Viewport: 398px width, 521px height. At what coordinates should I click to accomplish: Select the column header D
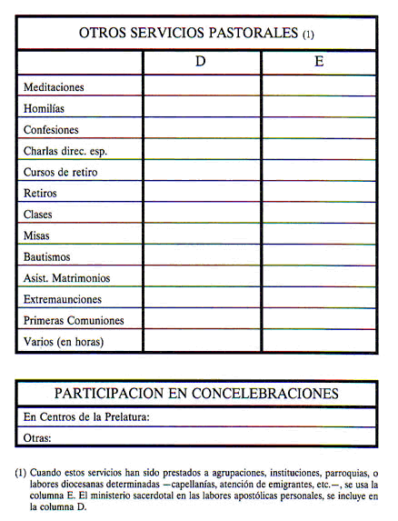click(x=201, y=63)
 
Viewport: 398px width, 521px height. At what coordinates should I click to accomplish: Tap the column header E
click(x=319, y=63)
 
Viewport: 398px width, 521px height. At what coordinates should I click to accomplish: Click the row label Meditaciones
click(x=54, y=87)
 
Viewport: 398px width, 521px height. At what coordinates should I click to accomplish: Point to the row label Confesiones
click(x=51, y=130)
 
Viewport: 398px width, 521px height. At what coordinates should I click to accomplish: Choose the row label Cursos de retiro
click(x=61, y=172)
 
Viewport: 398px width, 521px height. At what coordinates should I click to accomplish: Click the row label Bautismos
click(x=49, y=257)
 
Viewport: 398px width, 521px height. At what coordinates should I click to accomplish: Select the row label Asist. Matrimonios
click(x=67, y=278)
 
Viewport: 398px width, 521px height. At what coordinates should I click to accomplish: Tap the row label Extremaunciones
click(x=63, y=299)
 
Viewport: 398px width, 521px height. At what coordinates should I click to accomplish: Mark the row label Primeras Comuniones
click(x=74, y=320)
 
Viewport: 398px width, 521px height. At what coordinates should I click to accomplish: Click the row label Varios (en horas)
click(x=64, y=342)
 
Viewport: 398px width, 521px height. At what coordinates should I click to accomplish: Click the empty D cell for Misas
click(x=202, y=235)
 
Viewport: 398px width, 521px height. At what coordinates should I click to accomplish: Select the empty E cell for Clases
click(x=319, y=215)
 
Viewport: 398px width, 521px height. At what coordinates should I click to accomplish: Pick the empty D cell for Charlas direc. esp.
click(x=202, y=151)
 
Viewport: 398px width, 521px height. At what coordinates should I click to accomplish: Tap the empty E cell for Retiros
click(x=319, y=193)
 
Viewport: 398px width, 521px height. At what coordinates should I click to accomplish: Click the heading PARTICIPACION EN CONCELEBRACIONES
click(x=196, y=394)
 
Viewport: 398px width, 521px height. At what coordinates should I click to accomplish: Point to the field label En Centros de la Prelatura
click(x=86, y=417)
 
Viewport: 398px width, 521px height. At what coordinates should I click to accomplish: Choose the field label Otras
click(x=37, y=438)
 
